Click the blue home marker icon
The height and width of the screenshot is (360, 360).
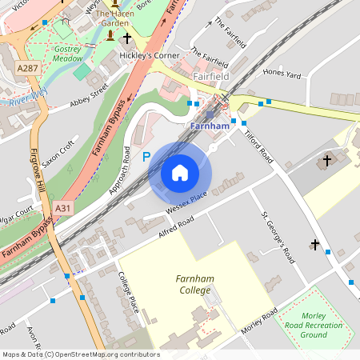[180, 173]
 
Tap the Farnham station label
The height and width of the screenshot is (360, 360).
[210, 126]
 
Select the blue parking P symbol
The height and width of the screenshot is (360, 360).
[146, 158]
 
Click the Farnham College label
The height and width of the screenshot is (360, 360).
[194, 284]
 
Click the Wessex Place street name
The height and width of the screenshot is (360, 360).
[186, 201]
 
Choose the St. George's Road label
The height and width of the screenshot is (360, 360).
[278, 238]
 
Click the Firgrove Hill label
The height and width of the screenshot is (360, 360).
[38, 175]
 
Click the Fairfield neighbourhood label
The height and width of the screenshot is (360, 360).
[212, 75]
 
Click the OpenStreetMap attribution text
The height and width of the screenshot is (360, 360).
[81, 354]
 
